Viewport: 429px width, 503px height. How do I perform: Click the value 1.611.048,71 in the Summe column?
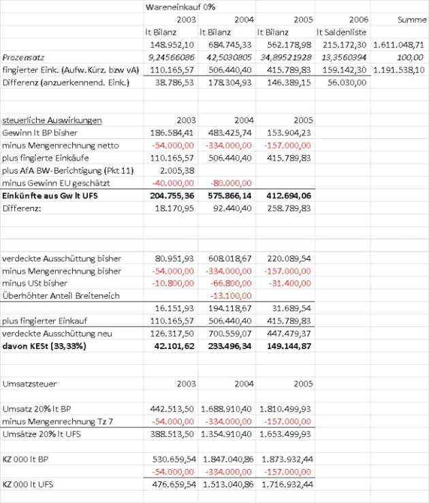point(399,44)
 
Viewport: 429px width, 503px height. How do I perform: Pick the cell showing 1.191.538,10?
point(399,69)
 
